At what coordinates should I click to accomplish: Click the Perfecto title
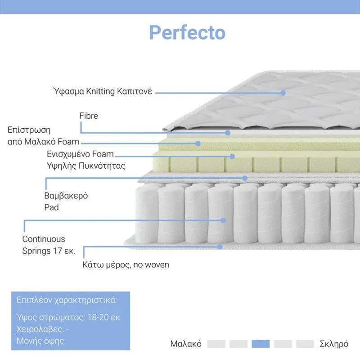pyautogui.click(x=187, y=32)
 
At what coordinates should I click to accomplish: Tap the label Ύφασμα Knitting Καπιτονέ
pyautogui.click(x=103, y=91)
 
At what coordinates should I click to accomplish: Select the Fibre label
pyautogui.click(x=89, y=116)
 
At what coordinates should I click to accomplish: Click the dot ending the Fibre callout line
pyautogui.click(x=228, y=133)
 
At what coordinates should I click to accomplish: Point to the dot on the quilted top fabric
pyautogui.click(x=283, y=93)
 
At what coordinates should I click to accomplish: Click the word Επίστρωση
pyautogui.click(x=29, y=130)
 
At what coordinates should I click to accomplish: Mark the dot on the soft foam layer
pyautogui.click(x=198, y=144)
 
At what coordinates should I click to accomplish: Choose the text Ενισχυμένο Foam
pyautogui.click(x=81, y=154)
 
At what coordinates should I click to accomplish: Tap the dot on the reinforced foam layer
pyautogui.click(x=232, y=156)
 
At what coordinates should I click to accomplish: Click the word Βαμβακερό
pyautogui.click(x=66, y=196)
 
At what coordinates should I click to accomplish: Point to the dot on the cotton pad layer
pyautogui.click(x=245, y=178)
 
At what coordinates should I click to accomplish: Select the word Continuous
pyautogui.click(x=44, y=239)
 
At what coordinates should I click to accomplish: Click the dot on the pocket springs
pyautogui.click(x=223, y=220)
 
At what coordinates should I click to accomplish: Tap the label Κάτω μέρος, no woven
pyautogui.click(x=126, y=265)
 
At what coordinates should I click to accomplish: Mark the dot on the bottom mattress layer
pyautogui.click(x=220, y=247)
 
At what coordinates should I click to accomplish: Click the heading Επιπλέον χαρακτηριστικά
pyautogui.click(x=67, y=300)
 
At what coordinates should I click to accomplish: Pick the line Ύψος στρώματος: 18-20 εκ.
pyautogui.click(x=69, y=317)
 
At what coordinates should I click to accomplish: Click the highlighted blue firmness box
pyautogui.click(x=261, y=344)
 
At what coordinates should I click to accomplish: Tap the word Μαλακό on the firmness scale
pyautogui.click(x=186, y=344)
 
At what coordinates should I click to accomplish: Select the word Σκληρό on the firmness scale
pyautogui.click(x=334, y=344)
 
